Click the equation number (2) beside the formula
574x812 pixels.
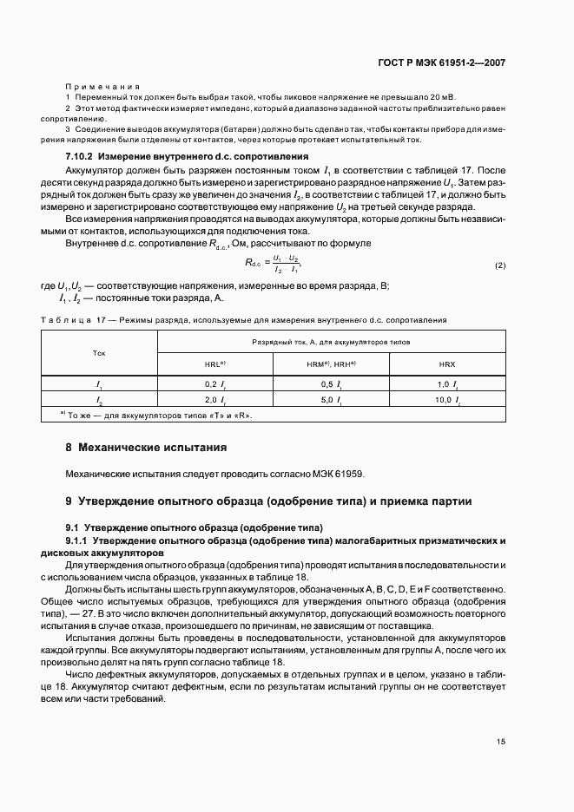[499, 265]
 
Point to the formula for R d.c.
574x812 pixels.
[273, 265]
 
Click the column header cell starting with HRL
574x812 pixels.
[215, 364]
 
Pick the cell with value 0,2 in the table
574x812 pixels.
[215, 383]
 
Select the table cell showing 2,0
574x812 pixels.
[215, 400]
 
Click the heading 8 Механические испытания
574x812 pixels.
[146, 449]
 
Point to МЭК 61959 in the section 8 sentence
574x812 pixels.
[340, 475]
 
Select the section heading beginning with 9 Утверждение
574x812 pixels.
[269, 501]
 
